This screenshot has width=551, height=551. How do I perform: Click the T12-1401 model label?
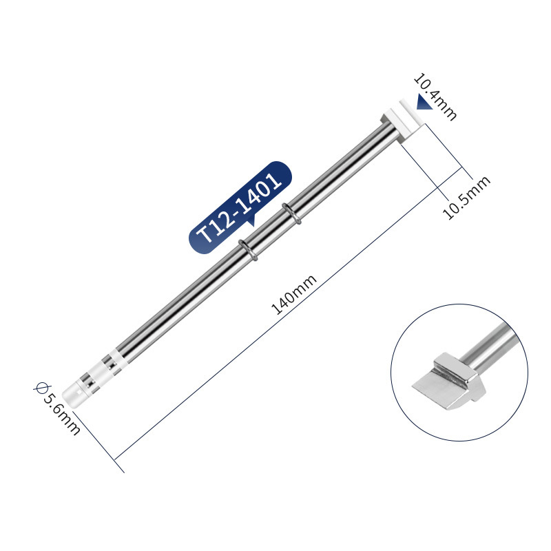click(240, 208)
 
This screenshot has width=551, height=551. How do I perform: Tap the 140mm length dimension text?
click(294, 295)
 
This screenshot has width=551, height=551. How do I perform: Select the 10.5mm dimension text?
click(466, 198)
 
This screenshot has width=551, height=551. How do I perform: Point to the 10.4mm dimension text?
click(435, 96)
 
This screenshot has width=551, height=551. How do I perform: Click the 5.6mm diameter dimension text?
click(61, 414)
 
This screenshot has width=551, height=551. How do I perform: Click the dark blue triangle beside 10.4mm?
click(424, 102)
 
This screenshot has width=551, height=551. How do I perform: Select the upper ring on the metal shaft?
click(291, 214)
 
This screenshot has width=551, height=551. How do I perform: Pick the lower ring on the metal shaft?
click(248, 250)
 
